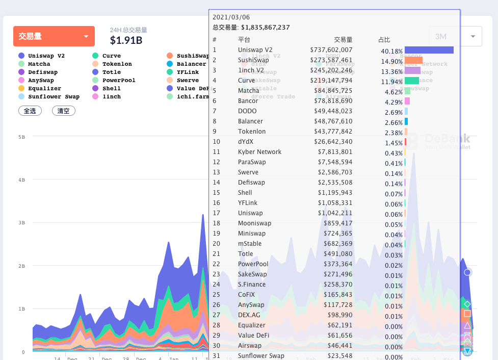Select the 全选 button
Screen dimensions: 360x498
(x=30, y=111)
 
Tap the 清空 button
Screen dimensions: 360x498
(x=64, y=111)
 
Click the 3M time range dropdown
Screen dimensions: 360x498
(x=455, y=37)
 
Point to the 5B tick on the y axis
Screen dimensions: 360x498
(x=21, y=137)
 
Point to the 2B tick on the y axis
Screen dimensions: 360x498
(x=21, y=266)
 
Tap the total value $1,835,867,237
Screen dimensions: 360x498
(x=265, y=28)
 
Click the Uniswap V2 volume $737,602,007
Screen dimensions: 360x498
(x=331, y=50)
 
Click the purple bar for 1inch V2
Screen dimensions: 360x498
(x=412, y=70)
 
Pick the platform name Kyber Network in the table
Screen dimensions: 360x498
(x=259, y=152)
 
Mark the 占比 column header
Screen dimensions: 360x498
(x=384, y=40)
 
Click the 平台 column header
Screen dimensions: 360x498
(x=244, y=40)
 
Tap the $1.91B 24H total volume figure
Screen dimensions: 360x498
(x=126, y=40)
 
